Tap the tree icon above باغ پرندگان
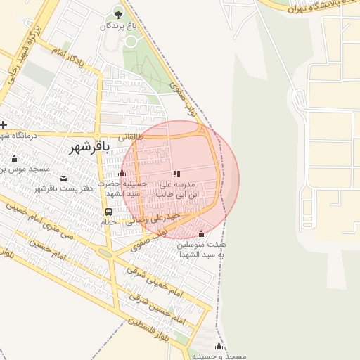pyautogui.click(x=117, y=14)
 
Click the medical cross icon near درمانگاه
pyautogui.click(x=4, y=124)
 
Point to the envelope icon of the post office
pyautogui.click(x=64, y=178)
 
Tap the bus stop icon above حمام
pyautogui.click(x=108, y=212)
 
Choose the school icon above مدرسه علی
pyautogui.click(x=176, y=173)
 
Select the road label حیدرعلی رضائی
pyautogui.click(x=161, y=219)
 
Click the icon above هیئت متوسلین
pyautogui.click(x=202, y=233)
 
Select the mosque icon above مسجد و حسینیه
pyautogui.click(x=219, y=346)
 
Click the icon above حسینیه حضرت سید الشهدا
pyautogui.click(x=122, y=173)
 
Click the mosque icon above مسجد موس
pyautogui.click(x=14, y=158)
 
